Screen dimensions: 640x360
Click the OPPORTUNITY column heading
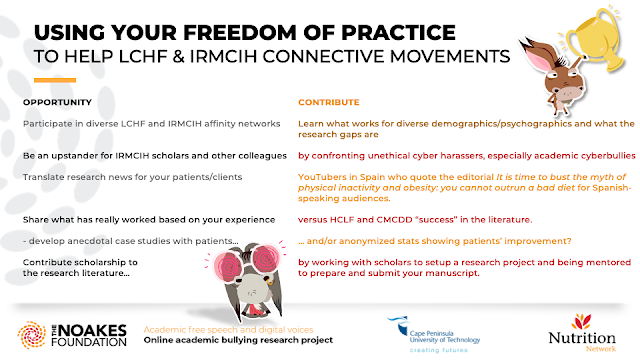(x=57, y=102)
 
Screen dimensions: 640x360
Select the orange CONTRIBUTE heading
(x=329, y=102)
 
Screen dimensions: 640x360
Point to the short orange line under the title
(x=55, y=80)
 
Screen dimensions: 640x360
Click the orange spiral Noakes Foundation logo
(x=31, y=335)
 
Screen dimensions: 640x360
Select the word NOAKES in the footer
(x=94, y=330)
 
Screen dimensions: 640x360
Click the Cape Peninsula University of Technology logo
(x=434, y=334)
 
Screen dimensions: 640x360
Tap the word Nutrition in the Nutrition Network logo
(x=582, y=338)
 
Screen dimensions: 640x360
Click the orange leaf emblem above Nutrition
(x=581, y=321)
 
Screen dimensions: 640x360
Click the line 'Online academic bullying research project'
(x=238, y=340)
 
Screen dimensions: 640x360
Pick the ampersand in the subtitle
(x=178, y=56)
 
